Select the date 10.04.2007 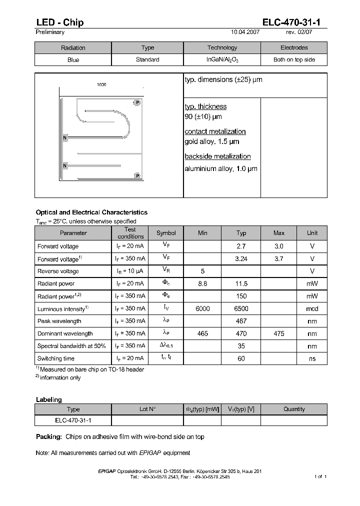coord(245,32)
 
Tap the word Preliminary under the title coord(50,32)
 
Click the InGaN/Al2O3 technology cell coord(222,59)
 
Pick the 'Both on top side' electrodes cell coord(294,59)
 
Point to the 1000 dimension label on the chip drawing coord(101,85)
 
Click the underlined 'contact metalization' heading coord(215,131)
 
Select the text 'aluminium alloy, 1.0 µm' coord(221,168)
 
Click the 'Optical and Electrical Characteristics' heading coord(91,212)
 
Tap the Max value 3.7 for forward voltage coord(279,259)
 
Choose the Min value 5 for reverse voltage coord(202,271)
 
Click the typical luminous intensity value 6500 coord(241,309)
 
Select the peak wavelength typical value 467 coord(241,321)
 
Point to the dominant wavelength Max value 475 coord(279,333)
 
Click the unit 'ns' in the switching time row coord(312,358)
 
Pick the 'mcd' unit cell coord(312,309)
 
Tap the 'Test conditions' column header coord(130,233)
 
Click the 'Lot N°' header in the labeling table coord(147,409)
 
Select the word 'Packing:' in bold coord(48,436)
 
